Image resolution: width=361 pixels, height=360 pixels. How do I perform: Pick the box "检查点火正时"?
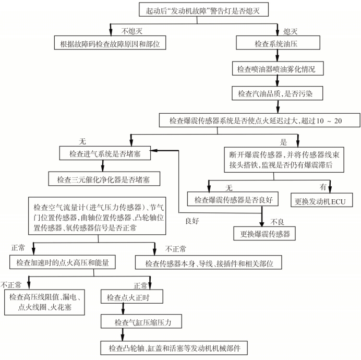tap(128, 297)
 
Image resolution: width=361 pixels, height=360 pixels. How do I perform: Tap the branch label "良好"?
tap(194, 221)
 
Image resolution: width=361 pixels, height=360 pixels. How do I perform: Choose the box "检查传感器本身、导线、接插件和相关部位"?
tap(213, 261)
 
